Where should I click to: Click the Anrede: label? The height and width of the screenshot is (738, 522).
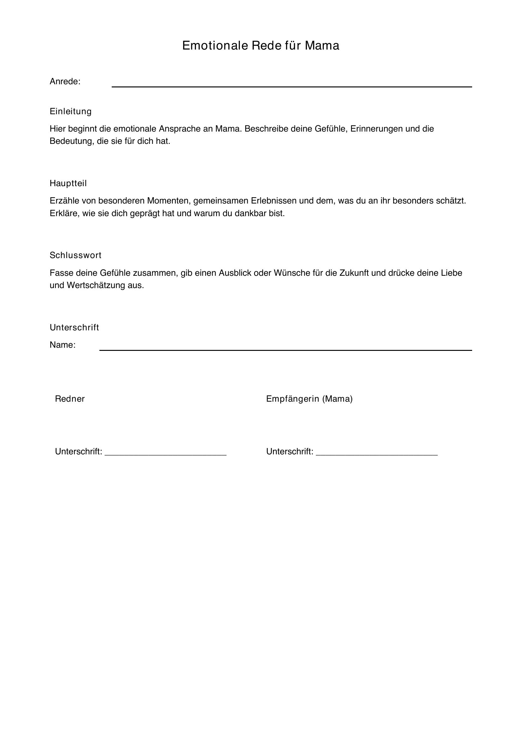[x=65, y=82]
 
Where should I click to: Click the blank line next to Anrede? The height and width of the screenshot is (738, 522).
[x=292, y=86]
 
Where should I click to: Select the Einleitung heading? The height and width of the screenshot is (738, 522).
[x=70, y=111]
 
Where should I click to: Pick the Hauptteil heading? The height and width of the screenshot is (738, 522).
[x=68, y=184]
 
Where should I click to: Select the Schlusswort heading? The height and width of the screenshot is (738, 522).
[x=75, y=255]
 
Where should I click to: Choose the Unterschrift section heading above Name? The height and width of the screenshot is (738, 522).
[x=74, y=328]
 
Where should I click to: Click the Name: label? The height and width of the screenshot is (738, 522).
[x=63, y=345]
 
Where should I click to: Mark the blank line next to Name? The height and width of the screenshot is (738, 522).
[x=285, y=350]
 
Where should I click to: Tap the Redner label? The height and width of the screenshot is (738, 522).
[x=70, y=399]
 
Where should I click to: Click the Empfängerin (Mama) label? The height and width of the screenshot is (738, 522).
[x=309, y=399]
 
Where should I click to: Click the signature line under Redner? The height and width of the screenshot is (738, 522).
[x=166, y=454]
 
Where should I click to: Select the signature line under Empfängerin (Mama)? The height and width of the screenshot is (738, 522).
[x=377, y=454]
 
